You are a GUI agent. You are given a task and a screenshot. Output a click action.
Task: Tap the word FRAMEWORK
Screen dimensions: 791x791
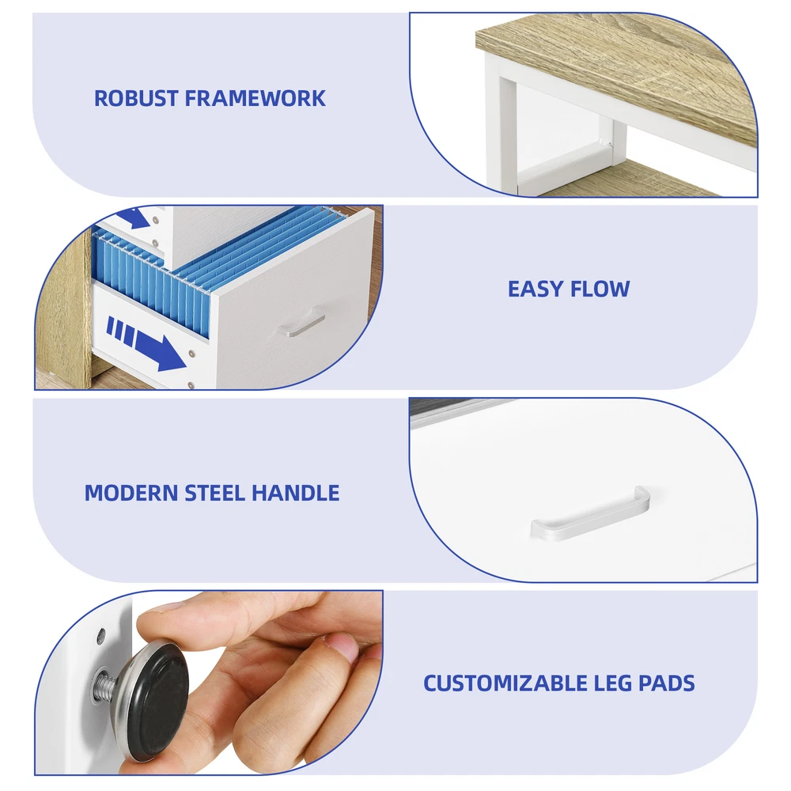click(255, 98)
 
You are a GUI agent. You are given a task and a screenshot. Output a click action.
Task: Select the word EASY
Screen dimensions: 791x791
click(535, 289)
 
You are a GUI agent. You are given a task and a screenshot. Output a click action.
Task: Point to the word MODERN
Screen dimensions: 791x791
click(131, 493)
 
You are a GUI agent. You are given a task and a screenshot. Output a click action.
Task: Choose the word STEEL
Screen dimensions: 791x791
click(215, 493)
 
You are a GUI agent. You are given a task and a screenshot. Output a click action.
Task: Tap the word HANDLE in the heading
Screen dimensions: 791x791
click(296, 493)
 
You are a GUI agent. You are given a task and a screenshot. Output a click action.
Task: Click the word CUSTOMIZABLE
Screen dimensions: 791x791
click(505, 683)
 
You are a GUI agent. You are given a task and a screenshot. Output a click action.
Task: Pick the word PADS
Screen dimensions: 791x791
click(666, 683)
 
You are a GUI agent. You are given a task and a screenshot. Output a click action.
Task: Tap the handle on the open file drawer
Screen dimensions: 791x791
click(301, 322)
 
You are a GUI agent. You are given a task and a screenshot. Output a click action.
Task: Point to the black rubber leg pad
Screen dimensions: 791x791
click(159, 702)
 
